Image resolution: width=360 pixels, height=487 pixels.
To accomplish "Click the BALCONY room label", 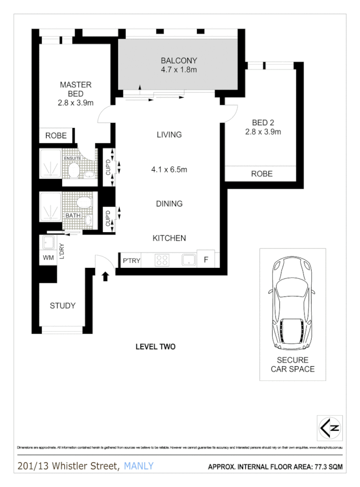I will pyautogui.click(x=178, y=60).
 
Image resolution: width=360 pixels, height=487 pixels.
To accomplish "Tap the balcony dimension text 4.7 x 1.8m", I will pyautogui.click(x=178, y=70).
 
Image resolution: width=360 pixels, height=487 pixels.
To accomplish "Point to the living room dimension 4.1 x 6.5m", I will pyautogui.click(x=169, y=170).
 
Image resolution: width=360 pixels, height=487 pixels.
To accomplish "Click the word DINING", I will pyautogui.click(x=169, y=204).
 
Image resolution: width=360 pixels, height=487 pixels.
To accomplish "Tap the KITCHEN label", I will pyautogui.click(x=169, y=238).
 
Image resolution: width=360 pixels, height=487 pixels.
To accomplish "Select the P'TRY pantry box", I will pyautogui.click(x=130, y=260).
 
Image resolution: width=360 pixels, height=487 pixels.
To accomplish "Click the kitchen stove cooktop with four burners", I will pyautogui.click(x=163, y=260).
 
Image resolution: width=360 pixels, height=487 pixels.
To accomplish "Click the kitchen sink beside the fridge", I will pyautogui.click(x=189, y=260).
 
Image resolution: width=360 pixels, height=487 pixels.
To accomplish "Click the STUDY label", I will pyautogui.click(x=63, y=306).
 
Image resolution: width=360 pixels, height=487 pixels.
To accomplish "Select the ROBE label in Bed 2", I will pyautogui.click(x=262, y=174).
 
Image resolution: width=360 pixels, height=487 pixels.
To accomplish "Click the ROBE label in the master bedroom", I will pyautogui.click(x=55, y=136).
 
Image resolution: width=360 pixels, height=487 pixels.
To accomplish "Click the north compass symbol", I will pyautogui.click(x=330, y=428).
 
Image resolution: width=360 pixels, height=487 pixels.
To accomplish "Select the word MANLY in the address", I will pyautogui.click(x=139, y=466).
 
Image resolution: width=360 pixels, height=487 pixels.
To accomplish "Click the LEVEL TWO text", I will pyautogui.click(x=155, y=347).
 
